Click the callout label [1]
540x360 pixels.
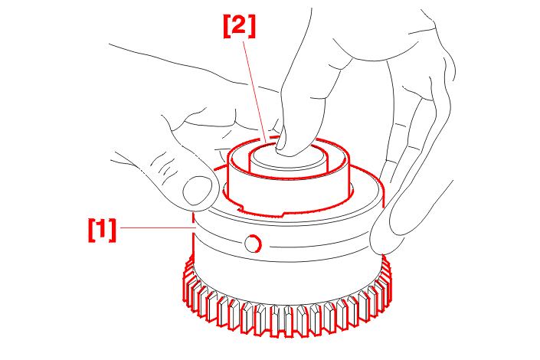click(102, 230)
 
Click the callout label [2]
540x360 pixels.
click(240, 26)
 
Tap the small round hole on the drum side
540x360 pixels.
click(253, 244)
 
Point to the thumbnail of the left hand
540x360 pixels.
click(198, 191)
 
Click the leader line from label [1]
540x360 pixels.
click(157, 227)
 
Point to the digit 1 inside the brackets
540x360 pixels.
click(102, 230)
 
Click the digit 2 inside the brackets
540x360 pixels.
click(239, 25)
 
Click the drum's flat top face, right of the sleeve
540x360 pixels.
click(365, 193)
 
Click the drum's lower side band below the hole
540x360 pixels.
click(283, 258)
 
